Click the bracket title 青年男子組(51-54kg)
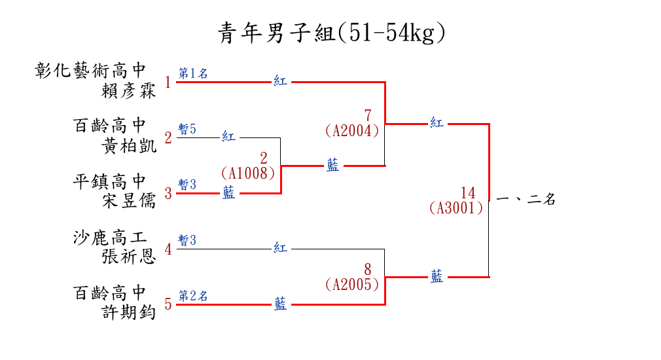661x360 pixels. click(331, 33)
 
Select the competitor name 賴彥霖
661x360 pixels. click(128, 91)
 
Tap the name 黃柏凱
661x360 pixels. click(128, 146)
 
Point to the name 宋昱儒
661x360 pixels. click(128, 201)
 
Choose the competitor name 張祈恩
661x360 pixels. click(128, 257)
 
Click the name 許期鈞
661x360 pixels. click(128, 312)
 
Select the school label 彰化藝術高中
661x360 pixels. click(90, 71)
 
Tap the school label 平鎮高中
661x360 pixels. click(109, 182)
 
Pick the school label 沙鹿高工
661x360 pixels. click(109, 238)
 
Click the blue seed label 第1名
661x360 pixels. click(193, 73)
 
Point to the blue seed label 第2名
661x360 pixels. click(193, 296)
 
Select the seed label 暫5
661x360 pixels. click(187, 129)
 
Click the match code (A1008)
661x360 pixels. click(248, 173)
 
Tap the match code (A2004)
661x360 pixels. click(352, 131)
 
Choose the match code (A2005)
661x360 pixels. click(352, 285)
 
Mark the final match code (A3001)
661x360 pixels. click(456, 208)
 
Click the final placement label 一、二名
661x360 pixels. click(526, 199)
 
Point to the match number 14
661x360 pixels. click(468, 193)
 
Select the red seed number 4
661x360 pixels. click(168, 249)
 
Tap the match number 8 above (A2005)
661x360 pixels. click(368, 270)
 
